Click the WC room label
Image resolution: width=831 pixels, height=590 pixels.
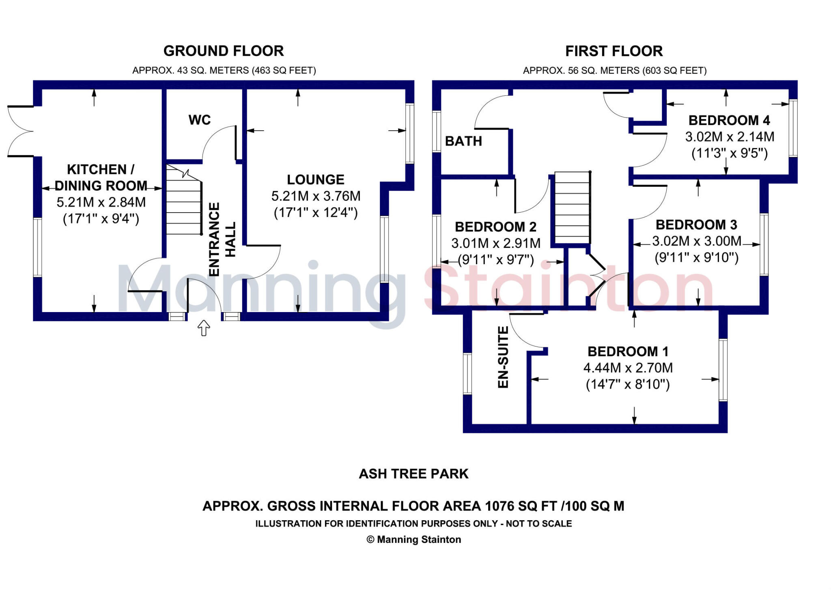click(x=199, y=120)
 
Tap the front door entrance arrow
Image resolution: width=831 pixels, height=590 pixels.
click(x=204, y=327)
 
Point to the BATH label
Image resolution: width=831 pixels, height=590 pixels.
click(x=463, y=141)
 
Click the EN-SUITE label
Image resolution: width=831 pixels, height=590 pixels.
click(x=503, y=357)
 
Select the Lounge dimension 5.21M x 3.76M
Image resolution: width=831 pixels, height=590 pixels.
click(x=316, y=196)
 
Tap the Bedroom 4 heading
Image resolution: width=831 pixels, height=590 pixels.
click(x=729, y=121)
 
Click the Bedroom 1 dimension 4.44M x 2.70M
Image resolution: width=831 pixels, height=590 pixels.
click(x=628, y=368)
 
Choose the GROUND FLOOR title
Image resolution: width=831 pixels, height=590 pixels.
click(x=224, y=51)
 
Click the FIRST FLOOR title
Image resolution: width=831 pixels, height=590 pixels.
click(x=614, y=51)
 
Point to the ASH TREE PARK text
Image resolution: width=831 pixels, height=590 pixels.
click(x=413, y=474)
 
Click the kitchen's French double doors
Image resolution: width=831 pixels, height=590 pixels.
click(x=20, y=131)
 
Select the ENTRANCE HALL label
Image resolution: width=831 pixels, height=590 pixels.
click(x=222, y=239)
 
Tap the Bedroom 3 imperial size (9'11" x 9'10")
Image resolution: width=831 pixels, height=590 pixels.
click(x=696, y=258)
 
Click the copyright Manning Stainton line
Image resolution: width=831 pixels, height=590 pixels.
click(x=413, y=539)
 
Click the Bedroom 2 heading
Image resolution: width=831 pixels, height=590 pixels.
click(x=495, y=227)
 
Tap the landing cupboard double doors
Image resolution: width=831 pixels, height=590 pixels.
click(x=596, y=276)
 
